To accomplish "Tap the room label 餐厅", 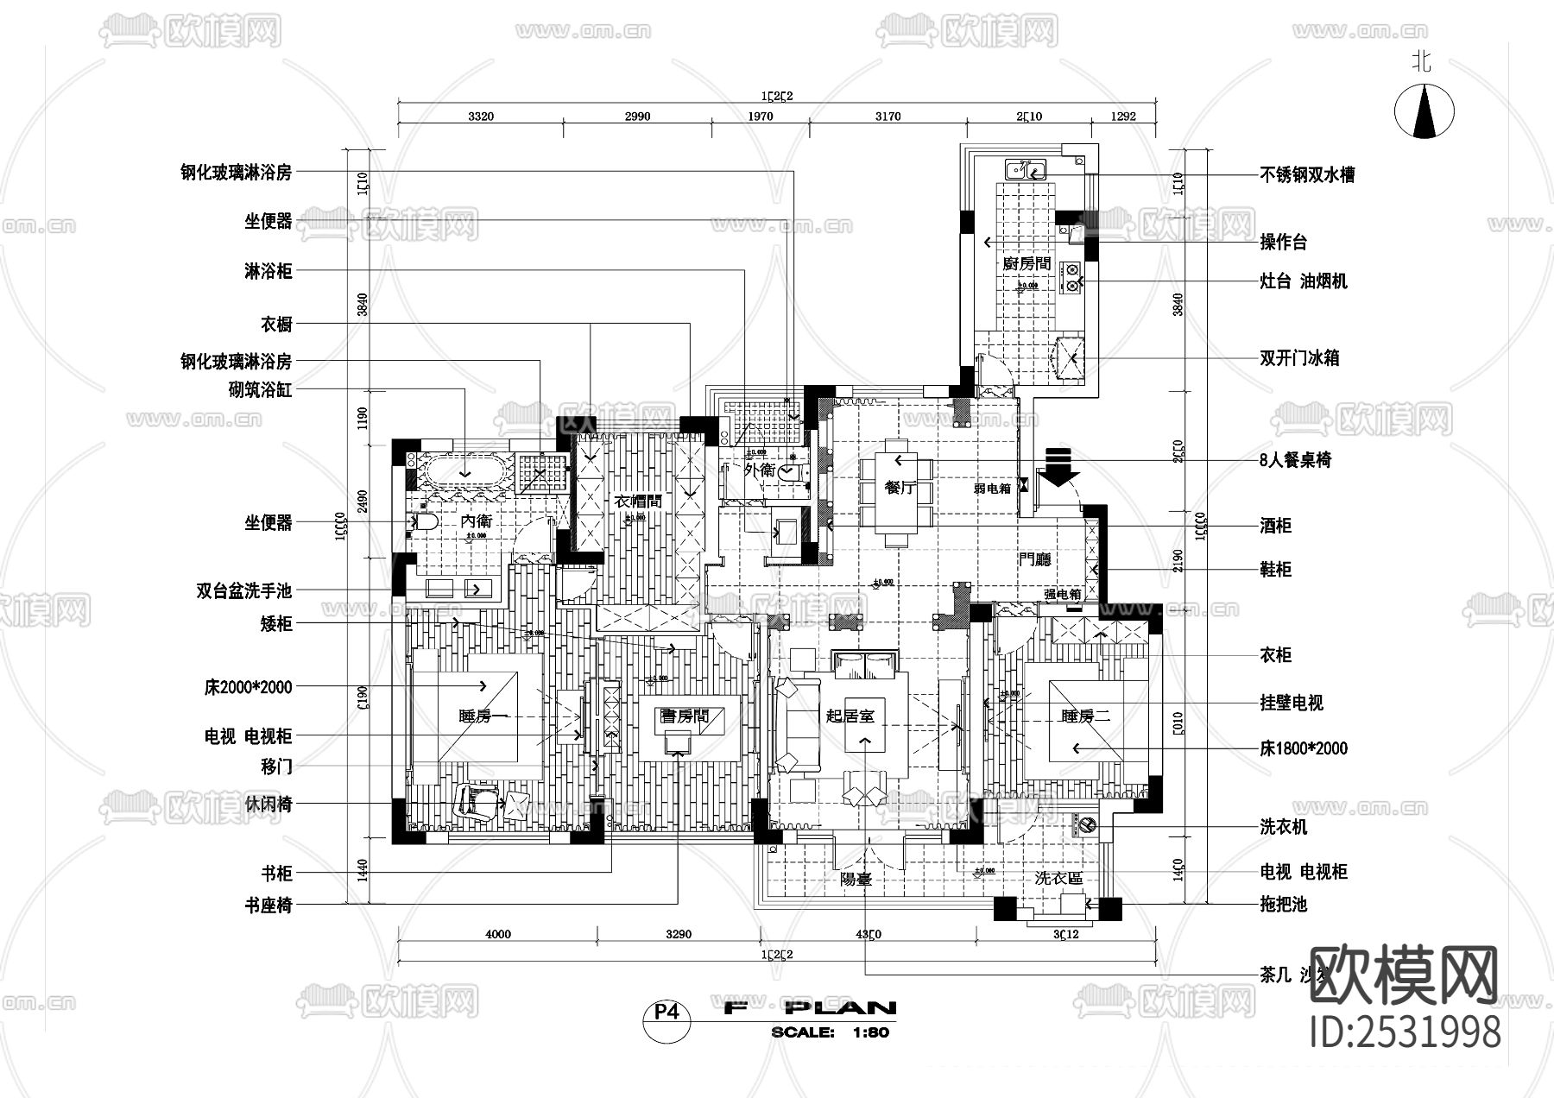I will pyautogui.click(x=900, y=488).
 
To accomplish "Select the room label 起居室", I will pyautogui.click(x=850, y=716).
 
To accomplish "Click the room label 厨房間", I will pyautogui.click(x=1027, y=263).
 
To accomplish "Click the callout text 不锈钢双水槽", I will pyautogui.click(x=1307, y=174).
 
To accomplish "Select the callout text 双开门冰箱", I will pyautogui.click(x=1299, y=357).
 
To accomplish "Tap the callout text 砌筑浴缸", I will pyautogui.click(x=260, y=389).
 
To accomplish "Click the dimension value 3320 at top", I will pyautogui.click(x=480, y=117).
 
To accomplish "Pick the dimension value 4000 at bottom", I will pyautogui.click(x=498, y=933).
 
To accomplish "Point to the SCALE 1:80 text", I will pyautogui.click(x=830, y=1032).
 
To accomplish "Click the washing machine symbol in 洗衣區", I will pyautogui.click(x=1086, y=826).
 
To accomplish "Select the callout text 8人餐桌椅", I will pyautogui.click(x=1295, y=460).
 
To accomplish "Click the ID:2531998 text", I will pyautogui.click(x=1406, y=1032).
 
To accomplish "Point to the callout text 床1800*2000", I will pyautogui.click(x=1303, y=748).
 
